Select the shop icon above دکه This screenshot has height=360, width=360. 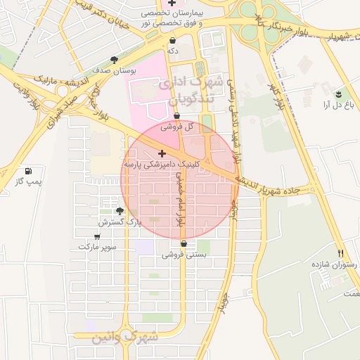(x=172, y=40)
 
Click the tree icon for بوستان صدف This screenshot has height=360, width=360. (x=115, y=60)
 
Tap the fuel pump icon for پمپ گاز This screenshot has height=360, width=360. (x=28, y=171)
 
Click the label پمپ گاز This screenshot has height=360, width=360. (x=29, y=183)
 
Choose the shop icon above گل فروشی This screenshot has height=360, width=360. (x=176, y=116)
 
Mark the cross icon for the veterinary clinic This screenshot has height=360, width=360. (x=162, y=153)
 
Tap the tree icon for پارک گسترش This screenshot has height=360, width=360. (x=120, y=210)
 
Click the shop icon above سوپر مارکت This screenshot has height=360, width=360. (x=97, y=237)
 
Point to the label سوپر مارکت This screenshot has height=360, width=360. (x=97, y=247)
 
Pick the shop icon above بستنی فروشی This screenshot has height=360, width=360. (x=184, y=243)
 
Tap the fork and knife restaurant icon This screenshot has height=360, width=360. (x=341, y=253)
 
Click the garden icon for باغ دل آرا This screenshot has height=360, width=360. (x=338, y=94)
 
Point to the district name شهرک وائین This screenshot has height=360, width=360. (x=126, y=338)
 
